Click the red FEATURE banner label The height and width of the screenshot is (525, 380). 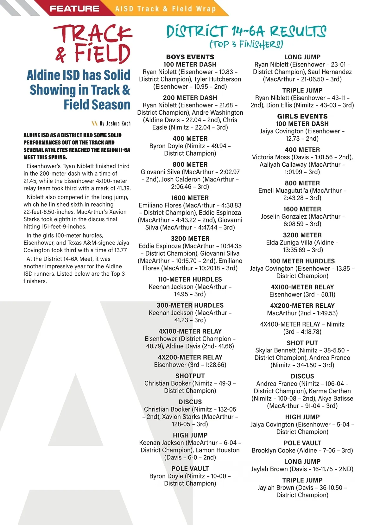coord(74,9)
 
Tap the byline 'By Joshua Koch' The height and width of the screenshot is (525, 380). coord(115,124)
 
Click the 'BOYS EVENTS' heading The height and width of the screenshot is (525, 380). coord(190,57)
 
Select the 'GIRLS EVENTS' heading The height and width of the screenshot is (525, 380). coord(302,116)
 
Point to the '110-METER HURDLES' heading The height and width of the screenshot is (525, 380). coord(190,279)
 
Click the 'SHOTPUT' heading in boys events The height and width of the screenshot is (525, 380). coord(190,376)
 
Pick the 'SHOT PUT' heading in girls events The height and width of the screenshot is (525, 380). coord(302,343)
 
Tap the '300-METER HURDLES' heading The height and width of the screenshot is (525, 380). coord(190,305)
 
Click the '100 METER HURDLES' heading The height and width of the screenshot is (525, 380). coord(302,261)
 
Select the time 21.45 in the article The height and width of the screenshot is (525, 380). coord(30,181)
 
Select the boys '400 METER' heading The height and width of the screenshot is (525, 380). coord(190,138)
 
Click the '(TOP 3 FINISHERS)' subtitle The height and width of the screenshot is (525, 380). coord(246,44)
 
